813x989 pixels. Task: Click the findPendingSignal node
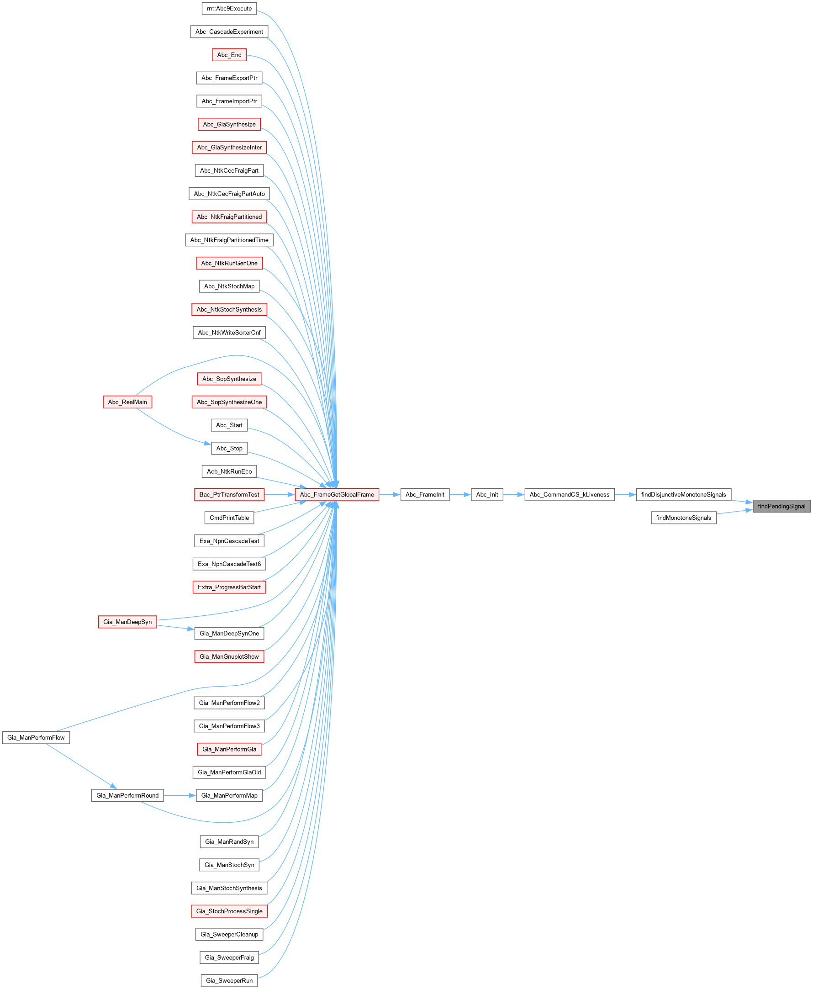pos(781,506)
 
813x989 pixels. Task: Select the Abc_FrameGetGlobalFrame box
pos(337,494)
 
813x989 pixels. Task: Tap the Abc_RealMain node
pos(127,402)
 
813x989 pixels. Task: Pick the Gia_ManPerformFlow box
pos(36,738)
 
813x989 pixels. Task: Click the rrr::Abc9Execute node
pos(229,8)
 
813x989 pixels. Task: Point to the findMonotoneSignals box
pos(683,518)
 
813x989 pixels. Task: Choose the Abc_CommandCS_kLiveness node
pos(570,494)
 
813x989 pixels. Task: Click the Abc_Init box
pos(487,494)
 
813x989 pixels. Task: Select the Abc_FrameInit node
pos(425,494)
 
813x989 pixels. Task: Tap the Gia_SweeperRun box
pos(229,981)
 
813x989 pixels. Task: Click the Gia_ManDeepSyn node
pos(127,622)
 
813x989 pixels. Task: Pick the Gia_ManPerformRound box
pos(127,795)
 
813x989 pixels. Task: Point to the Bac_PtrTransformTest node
pos(229,494)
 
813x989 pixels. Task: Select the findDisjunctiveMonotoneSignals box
pos(683,494)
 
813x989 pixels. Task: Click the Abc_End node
pos(229,55)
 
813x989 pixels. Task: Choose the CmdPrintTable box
pos(229,518)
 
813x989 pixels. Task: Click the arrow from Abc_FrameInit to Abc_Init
pos(460,494)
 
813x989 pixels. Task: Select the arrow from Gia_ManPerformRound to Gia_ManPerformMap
pos(180,795)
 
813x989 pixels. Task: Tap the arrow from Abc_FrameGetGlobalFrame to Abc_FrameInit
pos(390,494)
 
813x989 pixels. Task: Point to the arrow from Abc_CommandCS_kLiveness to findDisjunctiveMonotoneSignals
pos(625,494)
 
